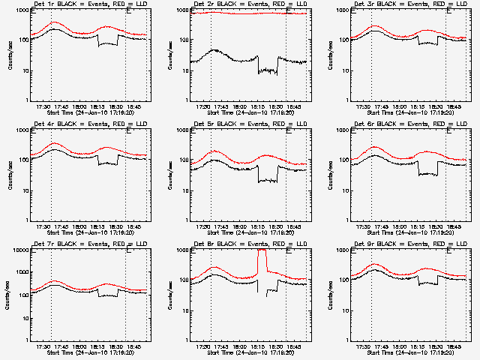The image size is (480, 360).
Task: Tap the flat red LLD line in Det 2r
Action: [247, 13]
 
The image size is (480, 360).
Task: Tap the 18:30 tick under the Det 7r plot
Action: [116, 346]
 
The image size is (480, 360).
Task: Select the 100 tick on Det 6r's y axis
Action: [345, 160]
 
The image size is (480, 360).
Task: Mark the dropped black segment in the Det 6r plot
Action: [428, 173]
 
